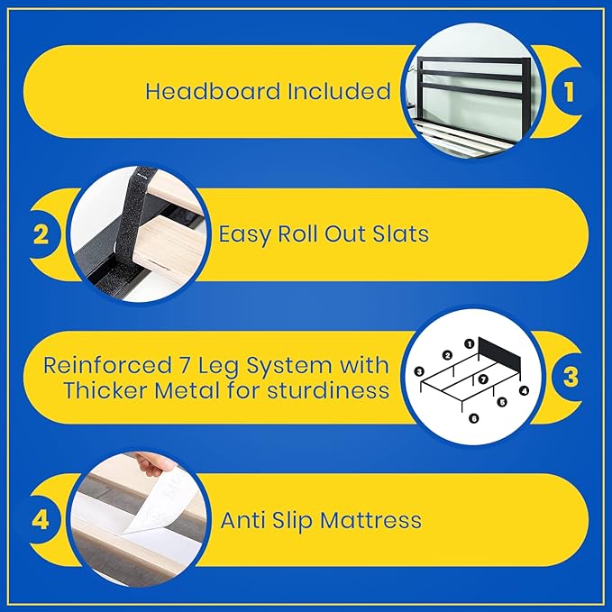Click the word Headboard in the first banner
click(x=213, y=91)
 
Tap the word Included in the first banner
click(x=339, y=91)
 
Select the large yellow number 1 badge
click(x=569, y=92)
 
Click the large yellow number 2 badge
click(x=41, y=234)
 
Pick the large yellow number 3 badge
click(x=571, y=377)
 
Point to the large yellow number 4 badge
click(x=41, y=519)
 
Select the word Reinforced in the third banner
click(x=107, y=366)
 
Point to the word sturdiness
click(x=328, y=390)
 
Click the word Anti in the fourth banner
click(x=242, y=520)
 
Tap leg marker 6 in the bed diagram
click(x=474, y=418)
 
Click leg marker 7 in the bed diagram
click(x=483, y=379)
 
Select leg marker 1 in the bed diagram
click(x=470, y=344)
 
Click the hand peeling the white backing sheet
click(x=149, y=463)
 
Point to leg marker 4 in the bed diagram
click(x=525, y=390)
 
